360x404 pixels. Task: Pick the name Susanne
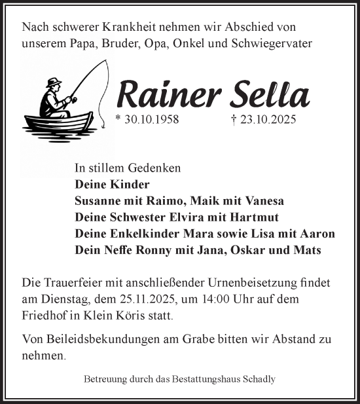[98, 201]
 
